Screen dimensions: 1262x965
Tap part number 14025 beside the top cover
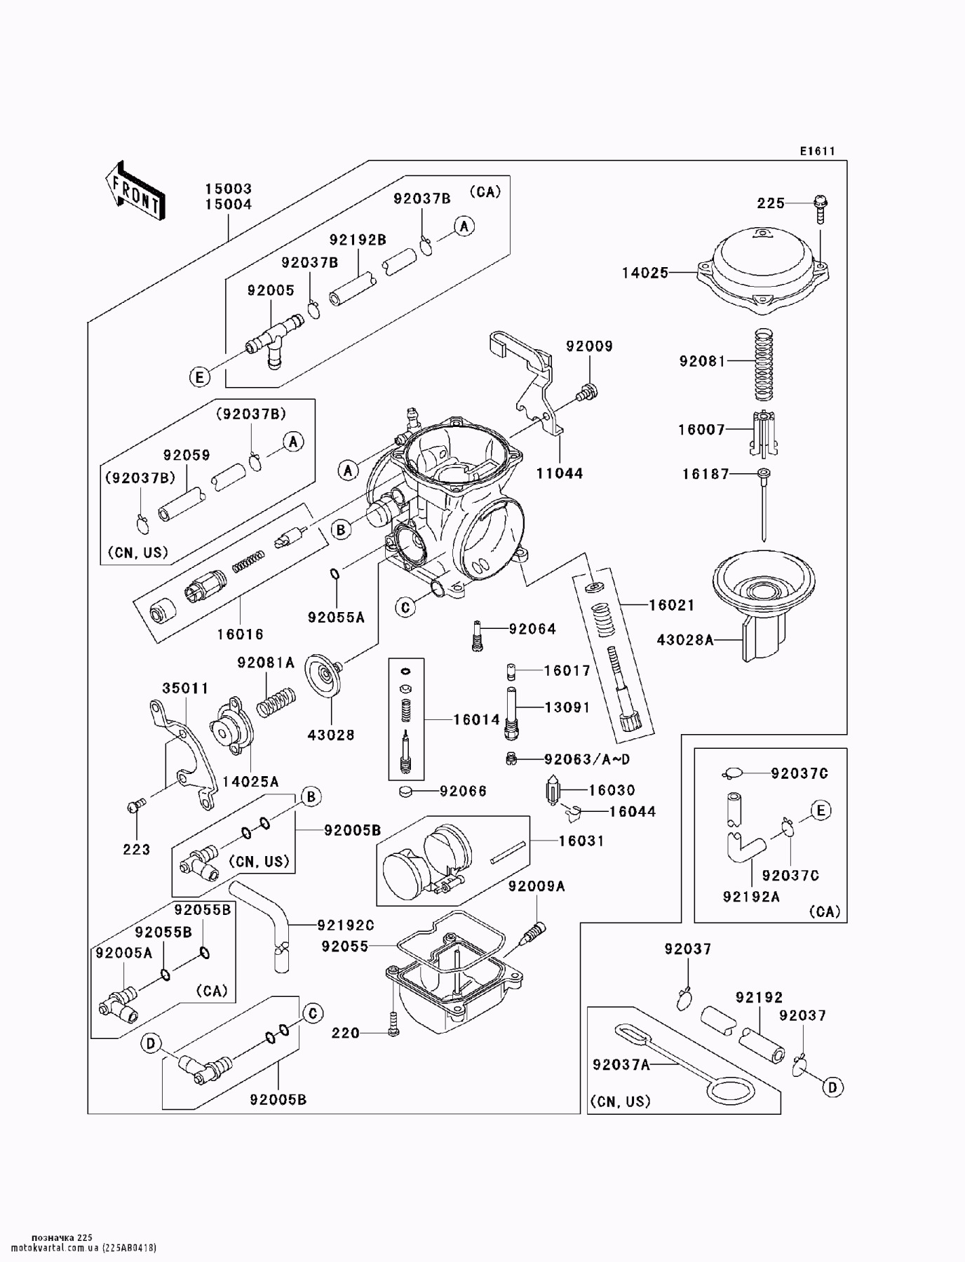click(x=645, y=273)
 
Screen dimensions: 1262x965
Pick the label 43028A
click(x=684, y=639)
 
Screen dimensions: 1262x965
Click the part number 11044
click(x=559, y=473)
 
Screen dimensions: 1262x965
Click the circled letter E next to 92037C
click(x=821, y=811)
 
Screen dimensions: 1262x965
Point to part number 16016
click(x=240, y=634)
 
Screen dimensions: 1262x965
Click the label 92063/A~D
click(x=586, y=759)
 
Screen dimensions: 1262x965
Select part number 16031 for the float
click(x=581, y=840)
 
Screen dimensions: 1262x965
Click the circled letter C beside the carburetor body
click(x=405, y=607)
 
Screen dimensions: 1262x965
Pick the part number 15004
click(x=228, y=205)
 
